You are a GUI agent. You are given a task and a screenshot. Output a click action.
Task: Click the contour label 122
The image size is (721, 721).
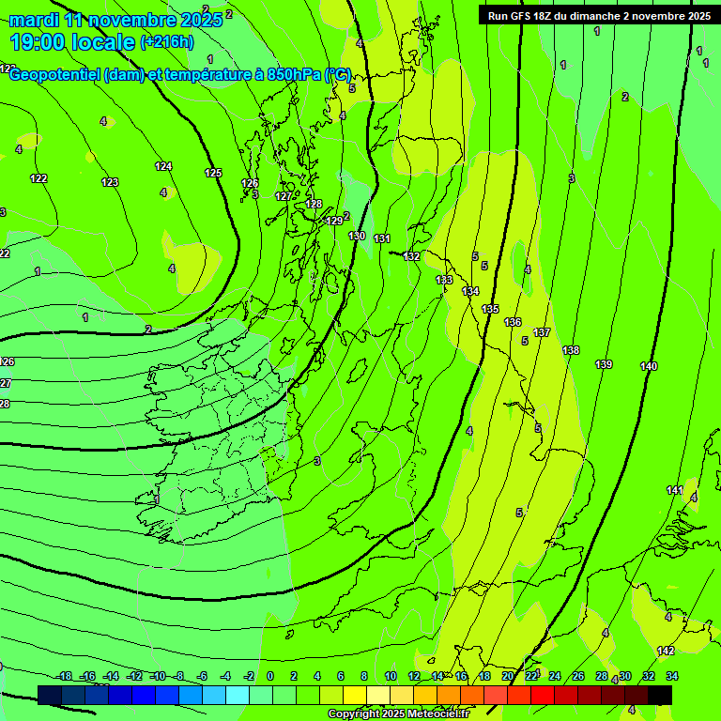pyautogui.click(x=38, y=178)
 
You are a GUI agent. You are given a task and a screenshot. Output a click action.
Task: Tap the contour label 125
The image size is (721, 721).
pyautogui.click(x=213, y=173)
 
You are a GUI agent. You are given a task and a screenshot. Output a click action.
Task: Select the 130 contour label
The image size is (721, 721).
pyautogui.click(x=357, y=236)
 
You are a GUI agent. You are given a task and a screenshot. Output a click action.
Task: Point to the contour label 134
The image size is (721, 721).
pyautogui.click(x=470, y=292)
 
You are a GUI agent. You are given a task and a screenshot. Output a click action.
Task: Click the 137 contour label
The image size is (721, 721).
pyautogui.click(x=542, y=332)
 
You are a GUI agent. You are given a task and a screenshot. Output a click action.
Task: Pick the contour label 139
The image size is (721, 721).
pyautogui.click(x=604, y=364)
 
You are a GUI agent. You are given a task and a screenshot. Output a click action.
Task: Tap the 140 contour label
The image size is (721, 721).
pyautogui.click(x=649, y=366)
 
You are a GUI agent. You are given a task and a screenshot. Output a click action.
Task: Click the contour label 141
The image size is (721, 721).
pyautogui.click(x=675, y=490)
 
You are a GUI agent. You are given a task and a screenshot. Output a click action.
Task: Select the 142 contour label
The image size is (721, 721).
pyautogui.click(x=666, y=651)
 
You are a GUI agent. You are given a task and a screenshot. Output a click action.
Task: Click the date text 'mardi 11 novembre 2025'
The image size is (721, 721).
pyautogui.click(x=115, y=20)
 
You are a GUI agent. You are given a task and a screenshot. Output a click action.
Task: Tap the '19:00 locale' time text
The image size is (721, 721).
pyautogui.click(x=72, y=42)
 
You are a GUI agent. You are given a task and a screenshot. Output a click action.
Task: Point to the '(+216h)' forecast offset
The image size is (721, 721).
pyautogui.click(x=167, y=42)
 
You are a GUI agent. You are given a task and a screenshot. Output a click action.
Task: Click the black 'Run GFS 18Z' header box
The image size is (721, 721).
pyautogui.click(x=599, y=16)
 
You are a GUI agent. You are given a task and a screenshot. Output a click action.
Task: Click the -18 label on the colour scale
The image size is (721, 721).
pyautogui.click(x=64, y=676)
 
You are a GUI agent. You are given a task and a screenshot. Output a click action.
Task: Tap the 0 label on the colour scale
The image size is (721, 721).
pyautogui.click(x=270, y=676)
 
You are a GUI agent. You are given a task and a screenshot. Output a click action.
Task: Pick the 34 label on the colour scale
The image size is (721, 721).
pyautogui.click(x=672, y=676)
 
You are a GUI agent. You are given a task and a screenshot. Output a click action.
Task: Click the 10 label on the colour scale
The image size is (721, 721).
pyautogui.click(x=390, y=676)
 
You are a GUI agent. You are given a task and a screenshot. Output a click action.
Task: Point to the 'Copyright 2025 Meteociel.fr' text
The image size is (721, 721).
pyautogui.click(x=398, y=713)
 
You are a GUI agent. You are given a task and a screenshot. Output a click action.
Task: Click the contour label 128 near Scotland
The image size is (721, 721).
pyautogui.click(x=314, y=204)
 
